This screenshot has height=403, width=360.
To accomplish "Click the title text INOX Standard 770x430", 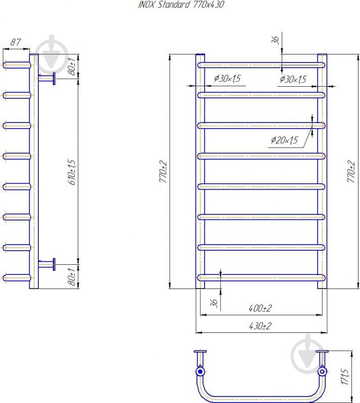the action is click(181, 5).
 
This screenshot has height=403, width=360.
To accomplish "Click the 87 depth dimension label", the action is click(16, 42).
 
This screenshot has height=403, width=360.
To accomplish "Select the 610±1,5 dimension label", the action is click(72, 172).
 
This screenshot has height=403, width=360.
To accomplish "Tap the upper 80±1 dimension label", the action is click(72, 66).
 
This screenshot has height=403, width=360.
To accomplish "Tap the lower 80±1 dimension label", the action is click(72, 276).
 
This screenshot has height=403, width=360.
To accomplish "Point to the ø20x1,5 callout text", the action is click(284, 140).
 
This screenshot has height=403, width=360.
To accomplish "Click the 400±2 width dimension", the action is click(260, 308).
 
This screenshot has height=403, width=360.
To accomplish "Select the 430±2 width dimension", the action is click(260, 326).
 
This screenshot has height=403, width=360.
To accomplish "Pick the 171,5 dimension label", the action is click(345, 377).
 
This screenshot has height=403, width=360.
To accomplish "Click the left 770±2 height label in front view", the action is click(163, 171).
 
